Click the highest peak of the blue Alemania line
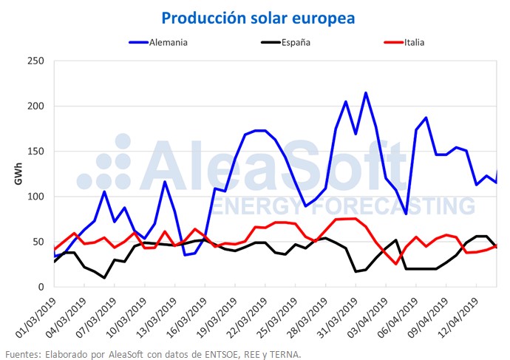[x=366, y=93]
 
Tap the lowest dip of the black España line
[x=104, y=278]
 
